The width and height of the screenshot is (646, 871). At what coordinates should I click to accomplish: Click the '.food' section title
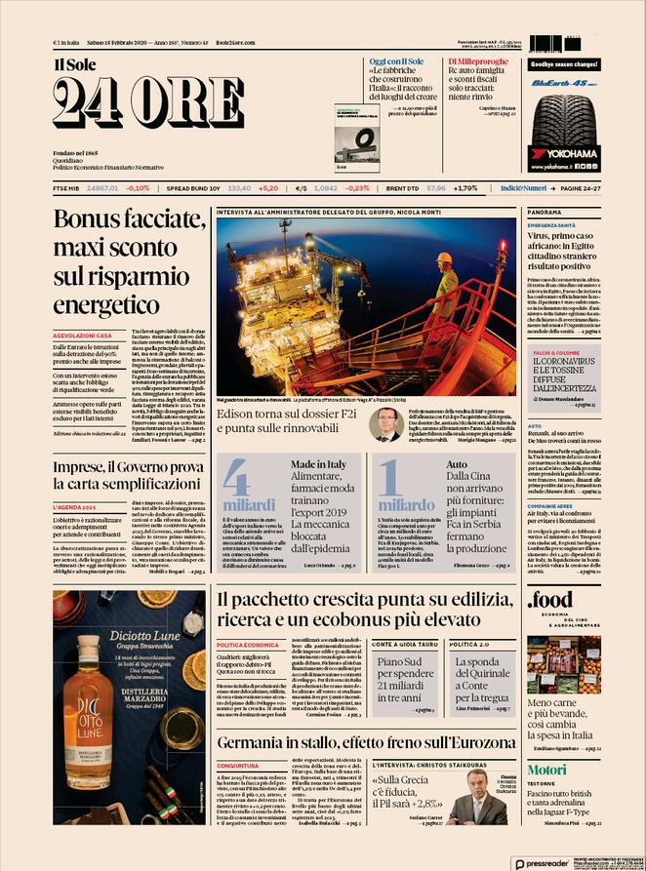(x=550, y=604)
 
